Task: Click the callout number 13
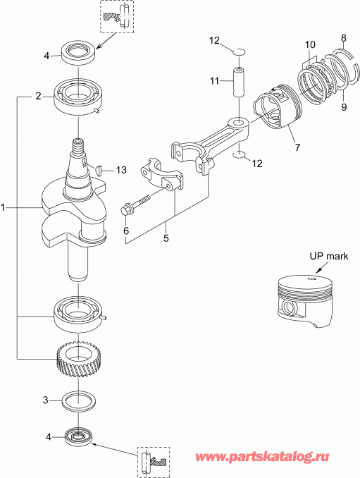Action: tap(121, 170)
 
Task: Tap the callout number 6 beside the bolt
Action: tap(126, 230)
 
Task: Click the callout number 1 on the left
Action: tap(4, 208)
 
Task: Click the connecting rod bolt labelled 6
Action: tap(138, 202)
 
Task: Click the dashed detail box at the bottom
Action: tap(153, 462)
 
